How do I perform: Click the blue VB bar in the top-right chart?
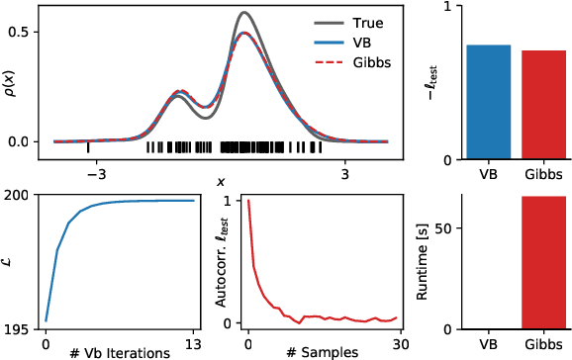tap(489, 102)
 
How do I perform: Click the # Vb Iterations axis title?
tap(118, 353)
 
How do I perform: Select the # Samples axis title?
tap(321, 353)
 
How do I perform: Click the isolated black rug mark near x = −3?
tap(89, 147)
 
